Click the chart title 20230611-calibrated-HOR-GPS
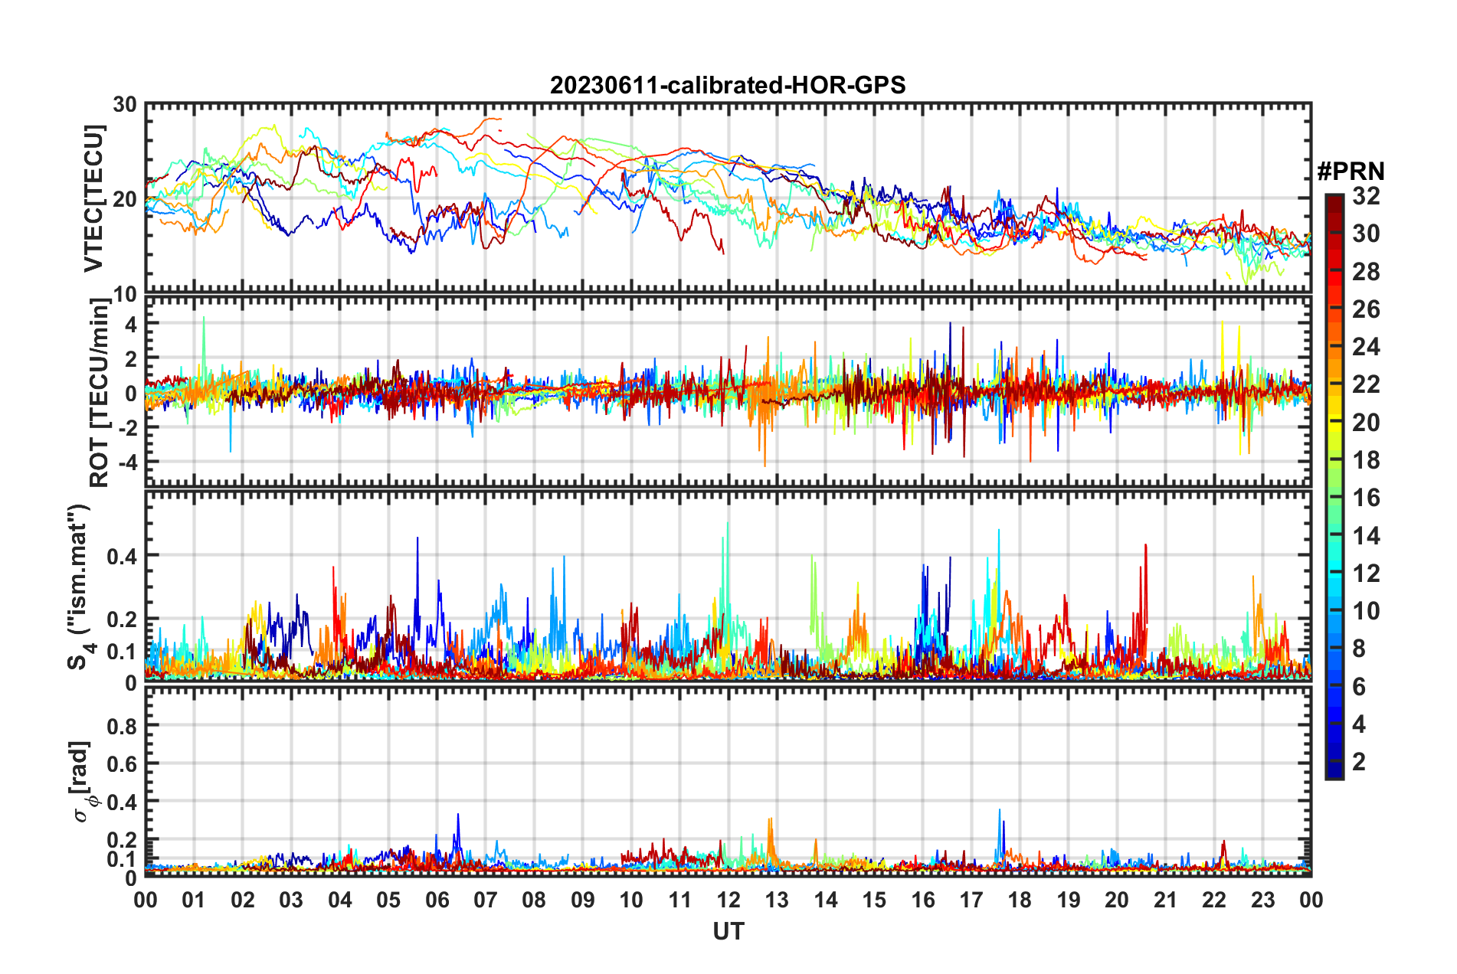pos(728,85)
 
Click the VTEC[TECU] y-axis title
pos(93,198)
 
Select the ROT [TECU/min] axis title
pos(99,393)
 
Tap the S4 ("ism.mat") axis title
pos(80,587)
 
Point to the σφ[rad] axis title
pos(83,781)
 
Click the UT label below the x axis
pos(728,931)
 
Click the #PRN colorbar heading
pos(1351,172)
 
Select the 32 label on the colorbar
pos(1365,196)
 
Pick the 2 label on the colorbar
pos(1359,761)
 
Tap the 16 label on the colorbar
pos(1365,498)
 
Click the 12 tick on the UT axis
pos(728,900)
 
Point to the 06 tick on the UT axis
pos(437,900)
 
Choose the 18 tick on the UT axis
pos(1020,900)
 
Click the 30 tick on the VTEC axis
pos(124,105)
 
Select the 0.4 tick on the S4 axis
pos(123,556)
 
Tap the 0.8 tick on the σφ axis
pos(123,726)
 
